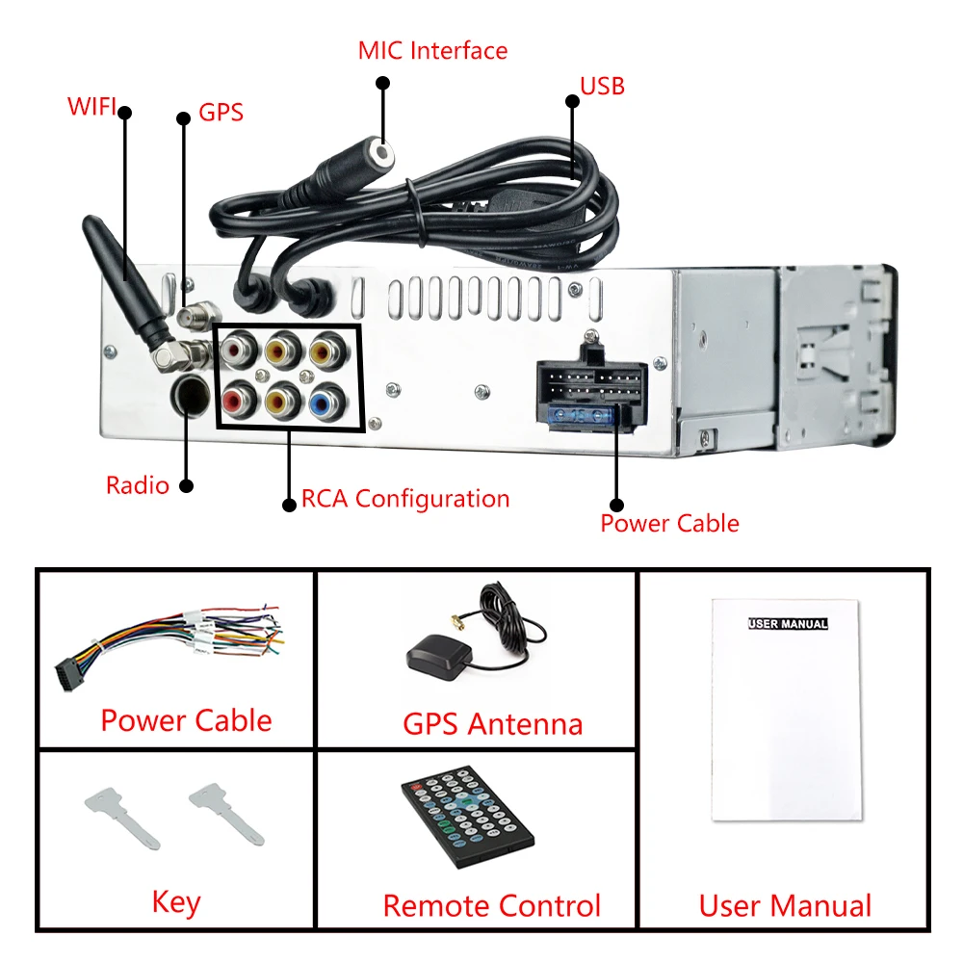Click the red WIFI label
pos(91,105)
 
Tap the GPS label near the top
pos(221,112)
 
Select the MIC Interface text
pos(432,50)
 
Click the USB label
pos(602,86)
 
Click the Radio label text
pos(137,484)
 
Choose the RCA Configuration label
pos(405,499)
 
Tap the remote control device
pos(466,816)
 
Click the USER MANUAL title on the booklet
pos(788,624)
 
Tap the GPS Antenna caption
pos(492,723)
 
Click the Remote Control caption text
pos(491,905)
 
